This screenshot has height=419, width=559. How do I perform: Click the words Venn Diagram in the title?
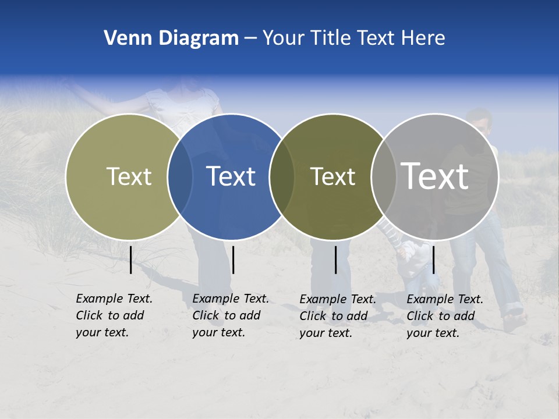coord(171,38)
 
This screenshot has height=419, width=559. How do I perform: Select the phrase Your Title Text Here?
coord(353,38)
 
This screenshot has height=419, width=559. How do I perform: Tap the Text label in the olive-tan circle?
coord(129,176)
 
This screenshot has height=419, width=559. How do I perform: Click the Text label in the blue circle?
coord(231,176)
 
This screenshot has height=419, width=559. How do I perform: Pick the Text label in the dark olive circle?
coord(332,176)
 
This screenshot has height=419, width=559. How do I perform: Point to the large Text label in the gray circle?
coord(435,176)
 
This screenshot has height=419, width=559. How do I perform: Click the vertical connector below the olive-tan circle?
coord(131,260)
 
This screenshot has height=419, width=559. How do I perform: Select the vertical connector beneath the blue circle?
coord(233,260)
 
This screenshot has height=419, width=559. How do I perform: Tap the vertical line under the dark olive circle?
coord(336,260)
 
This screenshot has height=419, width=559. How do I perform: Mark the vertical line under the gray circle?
coord(433,259)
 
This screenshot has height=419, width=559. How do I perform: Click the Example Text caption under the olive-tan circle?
coord(114,315)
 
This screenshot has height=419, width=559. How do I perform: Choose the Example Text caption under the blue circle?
coord(231,315)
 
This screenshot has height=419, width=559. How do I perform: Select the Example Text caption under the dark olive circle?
coord(338,316)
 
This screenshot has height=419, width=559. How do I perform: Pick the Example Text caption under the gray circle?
coord(445,316)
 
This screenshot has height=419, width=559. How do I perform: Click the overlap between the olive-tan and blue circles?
coord(180,177)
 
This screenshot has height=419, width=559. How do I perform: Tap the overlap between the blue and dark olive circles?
coord(282,177)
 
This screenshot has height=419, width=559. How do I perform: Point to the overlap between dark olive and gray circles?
coord(383,177)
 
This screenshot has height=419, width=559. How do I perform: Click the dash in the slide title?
coord(250,38)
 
